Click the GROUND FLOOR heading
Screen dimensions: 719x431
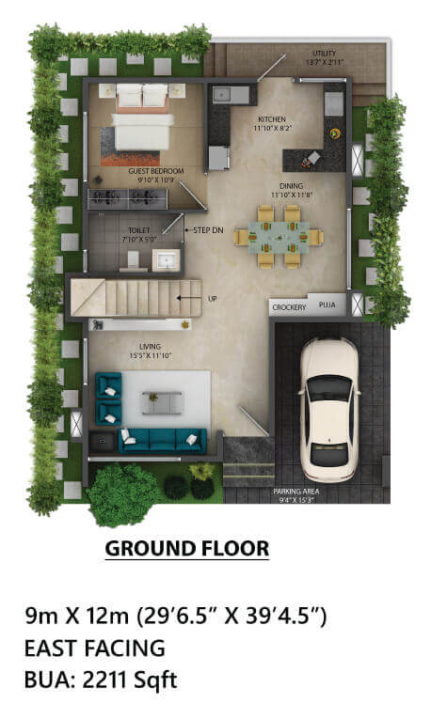(x=186, y=548)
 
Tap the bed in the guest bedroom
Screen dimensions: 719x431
(x=143, y=122)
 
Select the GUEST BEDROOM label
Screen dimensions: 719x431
(x=155, y=172)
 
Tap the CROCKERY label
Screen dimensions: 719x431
(x=289, y=307)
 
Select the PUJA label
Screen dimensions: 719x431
(x=327, y=305)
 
